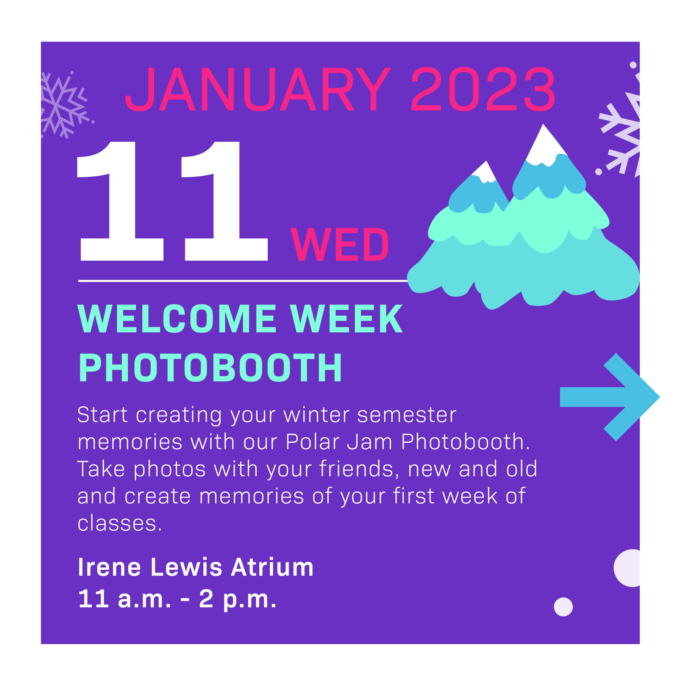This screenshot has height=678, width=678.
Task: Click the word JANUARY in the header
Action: (x=258, y=89)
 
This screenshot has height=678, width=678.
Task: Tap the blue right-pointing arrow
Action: (x=610, y=397)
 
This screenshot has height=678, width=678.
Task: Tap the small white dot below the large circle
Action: (x=563, y=607)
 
